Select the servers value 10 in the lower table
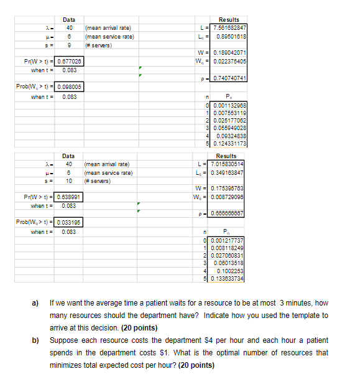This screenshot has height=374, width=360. click(70, 180)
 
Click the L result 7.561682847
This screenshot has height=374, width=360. click(229, 28)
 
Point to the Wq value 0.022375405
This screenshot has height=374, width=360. click(229, 61)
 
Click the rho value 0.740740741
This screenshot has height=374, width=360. click(229, 78)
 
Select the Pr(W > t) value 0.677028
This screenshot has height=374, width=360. click(70, 62)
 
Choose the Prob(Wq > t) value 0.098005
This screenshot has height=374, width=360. click(70, 88)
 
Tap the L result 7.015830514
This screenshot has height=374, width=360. click(229, 163)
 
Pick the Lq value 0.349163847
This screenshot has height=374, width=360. click(229, 171)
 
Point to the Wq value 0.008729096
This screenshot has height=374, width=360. click(229, 197)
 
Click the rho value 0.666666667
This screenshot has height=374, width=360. click(229, 213)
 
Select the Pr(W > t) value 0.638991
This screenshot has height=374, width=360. click(70, 197)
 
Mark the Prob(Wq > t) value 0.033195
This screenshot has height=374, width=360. click(70, 223)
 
